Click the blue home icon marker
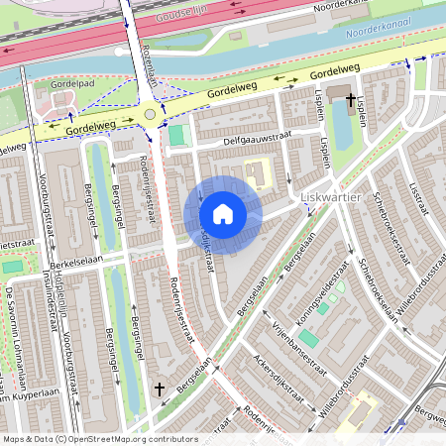(x=223, y=214)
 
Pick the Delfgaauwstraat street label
(x=239, y=145)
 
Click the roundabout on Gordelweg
(x=150, y=113)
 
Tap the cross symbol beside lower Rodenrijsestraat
(x=160, y=390)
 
